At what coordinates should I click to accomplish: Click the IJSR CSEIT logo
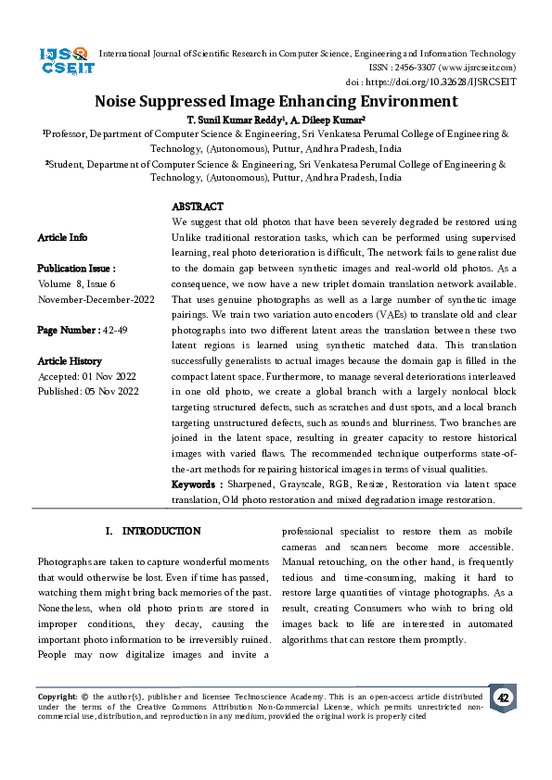pos(64,63)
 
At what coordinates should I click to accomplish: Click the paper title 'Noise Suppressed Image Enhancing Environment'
pos(276,101)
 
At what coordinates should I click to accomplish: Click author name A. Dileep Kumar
pos(335,119)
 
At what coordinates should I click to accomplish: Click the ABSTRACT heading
pos(198,207)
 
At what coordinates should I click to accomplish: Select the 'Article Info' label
pos(63,238)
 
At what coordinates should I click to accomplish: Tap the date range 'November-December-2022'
pos(96,299)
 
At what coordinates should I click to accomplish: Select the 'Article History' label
pos(71,360)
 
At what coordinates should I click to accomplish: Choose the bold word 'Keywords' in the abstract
pos(197,484)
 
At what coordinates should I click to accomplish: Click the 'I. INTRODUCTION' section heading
pos(153,531)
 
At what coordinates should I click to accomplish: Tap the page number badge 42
pos(503,698)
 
